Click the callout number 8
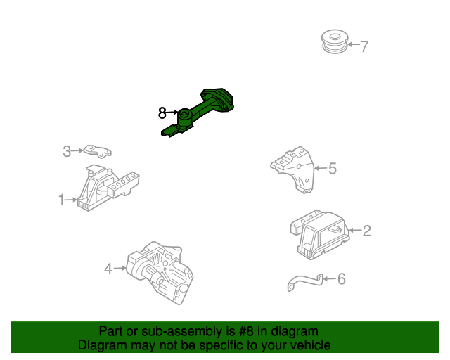point(162,112)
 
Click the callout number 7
point(364,46)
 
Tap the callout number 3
point(67,151)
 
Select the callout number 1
point(61,200)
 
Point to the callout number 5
point(333,168)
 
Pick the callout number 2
point(367,231)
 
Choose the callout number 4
point(108,269)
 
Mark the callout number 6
point(342,278)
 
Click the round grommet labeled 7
point(335,41)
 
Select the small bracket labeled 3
point(98,151)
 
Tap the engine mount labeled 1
point(108,188)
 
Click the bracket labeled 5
point(292,169)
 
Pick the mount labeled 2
point(320,235)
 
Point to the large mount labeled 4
point(160,272)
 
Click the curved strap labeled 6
point(305,282)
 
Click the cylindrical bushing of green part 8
point(185,117)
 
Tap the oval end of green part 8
point(217,99)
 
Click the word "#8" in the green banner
point(246,331)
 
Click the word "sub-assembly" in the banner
point(181,332)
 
